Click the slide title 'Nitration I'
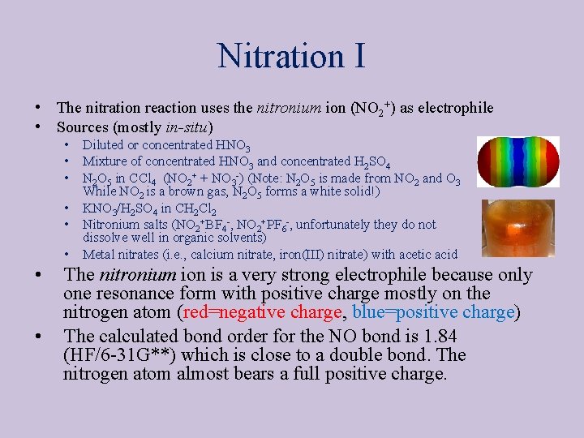291,56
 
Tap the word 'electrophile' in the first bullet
455,108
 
